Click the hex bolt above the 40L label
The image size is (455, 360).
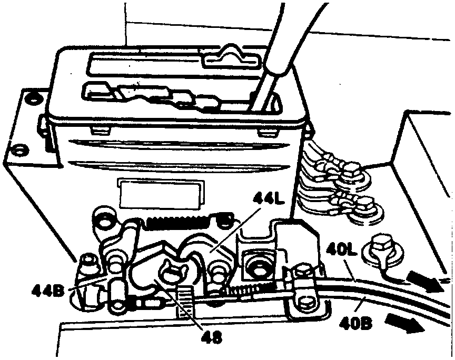tap(383, 246)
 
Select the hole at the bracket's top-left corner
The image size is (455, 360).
tap(35, 97)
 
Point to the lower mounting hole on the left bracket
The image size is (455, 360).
tap(20, 151)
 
